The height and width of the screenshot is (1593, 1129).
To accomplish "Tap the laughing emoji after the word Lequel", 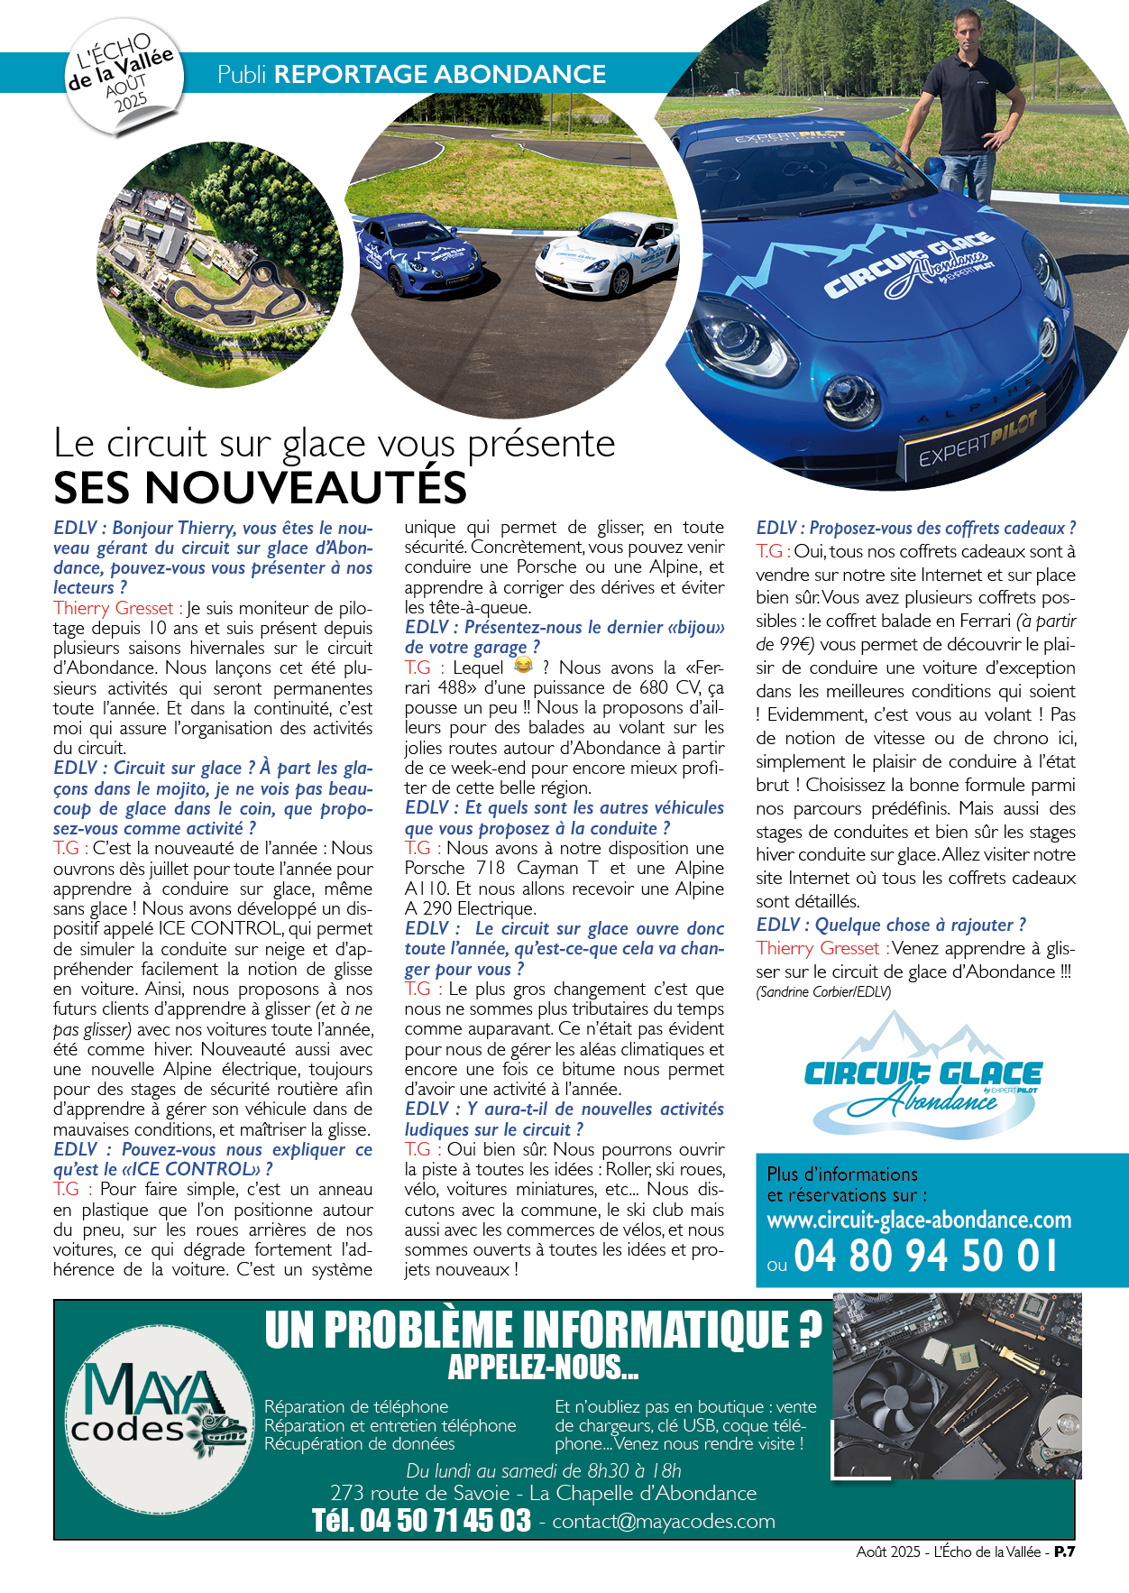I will click(x=523, y=666).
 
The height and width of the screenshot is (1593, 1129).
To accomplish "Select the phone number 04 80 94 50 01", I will click(x=926, y=1257).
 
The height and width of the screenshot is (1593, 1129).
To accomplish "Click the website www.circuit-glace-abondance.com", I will click(x=919, y=1220).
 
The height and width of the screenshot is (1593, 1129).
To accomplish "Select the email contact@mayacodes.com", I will click(x=664, y=1521).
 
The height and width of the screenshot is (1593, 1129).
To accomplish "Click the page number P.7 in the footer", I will click(x=1064, y=1552).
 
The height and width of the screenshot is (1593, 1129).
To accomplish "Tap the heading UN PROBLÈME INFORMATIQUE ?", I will click(x=543, y=1330).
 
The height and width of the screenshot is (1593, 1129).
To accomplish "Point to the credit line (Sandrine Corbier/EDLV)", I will click(x=823, y=991).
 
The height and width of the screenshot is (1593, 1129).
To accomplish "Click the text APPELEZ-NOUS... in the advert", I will click(x=543, y=1367).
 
